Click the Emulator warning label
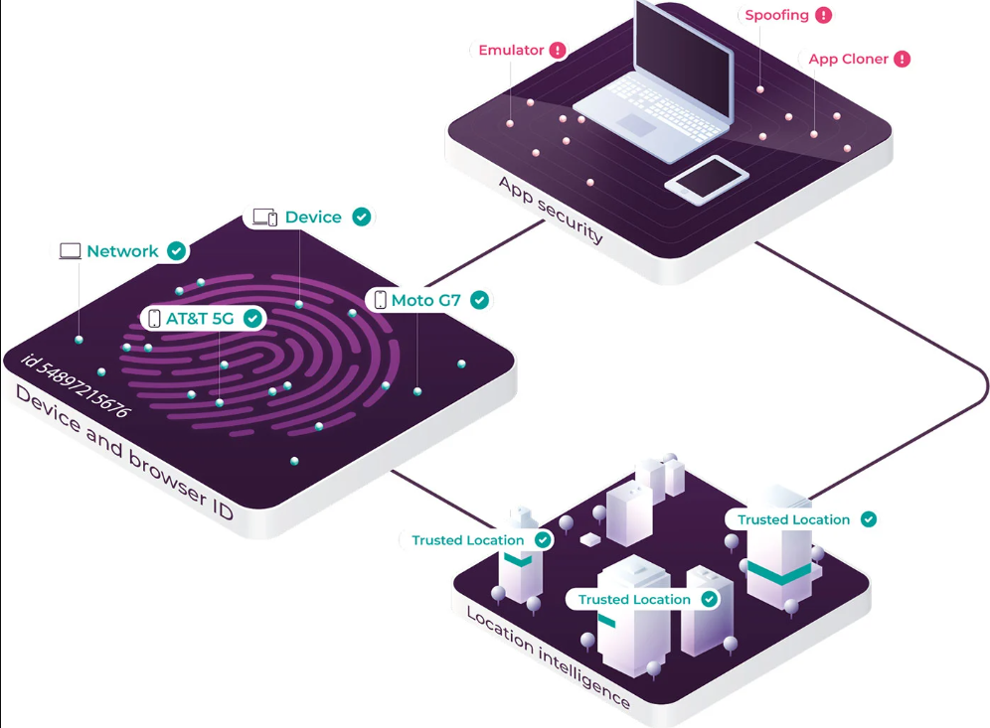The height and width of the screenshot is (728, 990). click(511, 50)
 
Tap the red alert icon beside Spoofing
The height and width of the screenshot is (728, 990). click(823, 15)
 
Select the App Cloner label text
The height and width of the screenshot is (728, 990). click(848, 59)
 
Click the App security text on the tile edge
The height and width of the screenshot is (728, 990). click(551, 209)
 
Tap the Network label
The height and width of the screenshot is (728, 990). click(122, 251)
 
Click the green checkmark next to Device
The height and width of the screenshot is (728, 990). click(362, 217)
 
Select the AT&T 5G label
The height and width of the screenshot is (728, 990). click(200, 319)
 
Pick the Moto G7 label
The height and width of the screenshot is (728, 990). click(425, 300)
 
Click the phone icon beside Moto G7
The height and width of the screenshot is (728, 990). click(380, 300)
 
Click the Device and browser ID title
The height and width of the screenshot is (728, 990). click(124, 453)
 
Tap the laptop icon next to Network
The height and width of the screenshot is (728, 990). click(70, 251)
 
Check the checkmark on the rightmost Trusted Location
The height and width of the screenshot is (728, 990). click(869, 518)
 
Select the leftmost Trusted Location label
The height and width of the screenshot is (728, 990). click(468, 540)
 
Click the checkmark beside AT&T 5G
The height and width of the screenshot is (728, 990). click(252, 318)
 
